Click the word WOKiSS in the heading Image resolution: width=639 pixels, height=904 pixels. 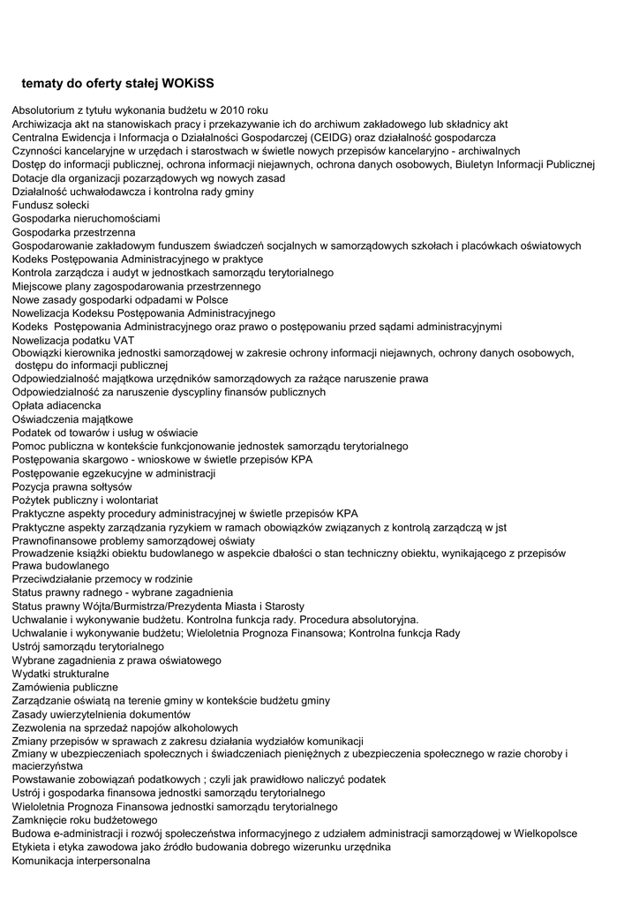click(x=189, y=83)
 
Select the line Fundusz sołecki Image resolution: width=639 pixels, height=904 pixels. click(x=50, y=205)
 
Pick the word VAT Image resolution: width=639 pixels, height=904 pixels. click(x=124, y=339)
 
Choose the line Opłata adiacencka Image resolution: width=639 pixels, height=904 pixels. click(x=56, y=405)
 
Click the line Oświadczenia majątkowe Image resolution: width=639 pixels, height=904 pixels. click(x=72, y=419)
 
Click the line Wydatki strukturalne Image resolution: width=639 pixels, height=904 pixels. click(x=61, y=674)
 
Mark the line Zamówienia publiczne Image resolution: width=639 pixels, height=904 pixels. click(x=64, y=687)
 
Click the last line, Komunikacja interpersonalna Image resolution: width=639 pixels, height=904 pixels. click(x=81, y=861)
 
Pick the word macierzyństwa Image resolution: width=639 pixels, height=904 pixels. click(x=48, y=767)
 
